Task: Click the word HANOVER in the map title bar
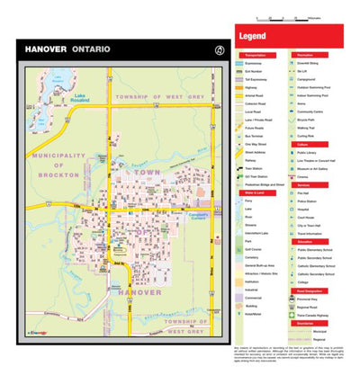point(44,49)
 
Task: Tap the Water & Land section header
point(253,193)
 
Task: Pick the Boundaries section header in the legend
point(301,323)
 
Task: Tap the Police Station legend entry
point(306,202)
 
